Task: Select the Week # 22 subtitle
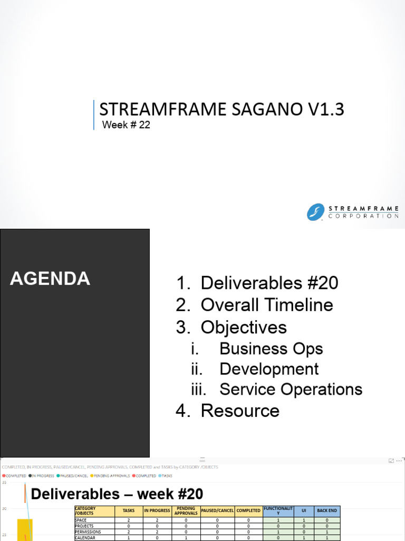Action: point(126,125)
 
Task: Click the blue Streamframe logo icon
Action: point(315,212)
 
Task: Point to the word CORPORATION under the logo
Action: point(363,216)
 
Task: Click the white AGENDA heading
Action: point(50,278)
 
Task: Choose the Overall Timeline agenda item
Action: point(267,305)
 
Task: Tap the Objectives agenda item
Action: point(244,327)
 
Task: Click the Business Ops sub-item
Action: point(271,349)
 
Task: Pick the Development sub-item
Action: point(269,369)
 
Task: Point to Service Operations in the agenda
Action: point(291,389)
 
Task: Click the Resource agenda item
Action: point(240,411)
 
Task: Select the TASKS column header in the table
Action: point(128,510)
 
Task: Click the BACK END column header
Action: point(327,510)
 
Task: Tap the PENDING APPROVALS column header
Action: point(186,510)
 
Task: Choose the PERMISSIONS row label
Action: point(88,532)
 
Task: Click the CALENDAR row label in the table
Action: point(85,538)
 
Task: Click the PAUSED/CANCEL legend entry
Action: point(73,475)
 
